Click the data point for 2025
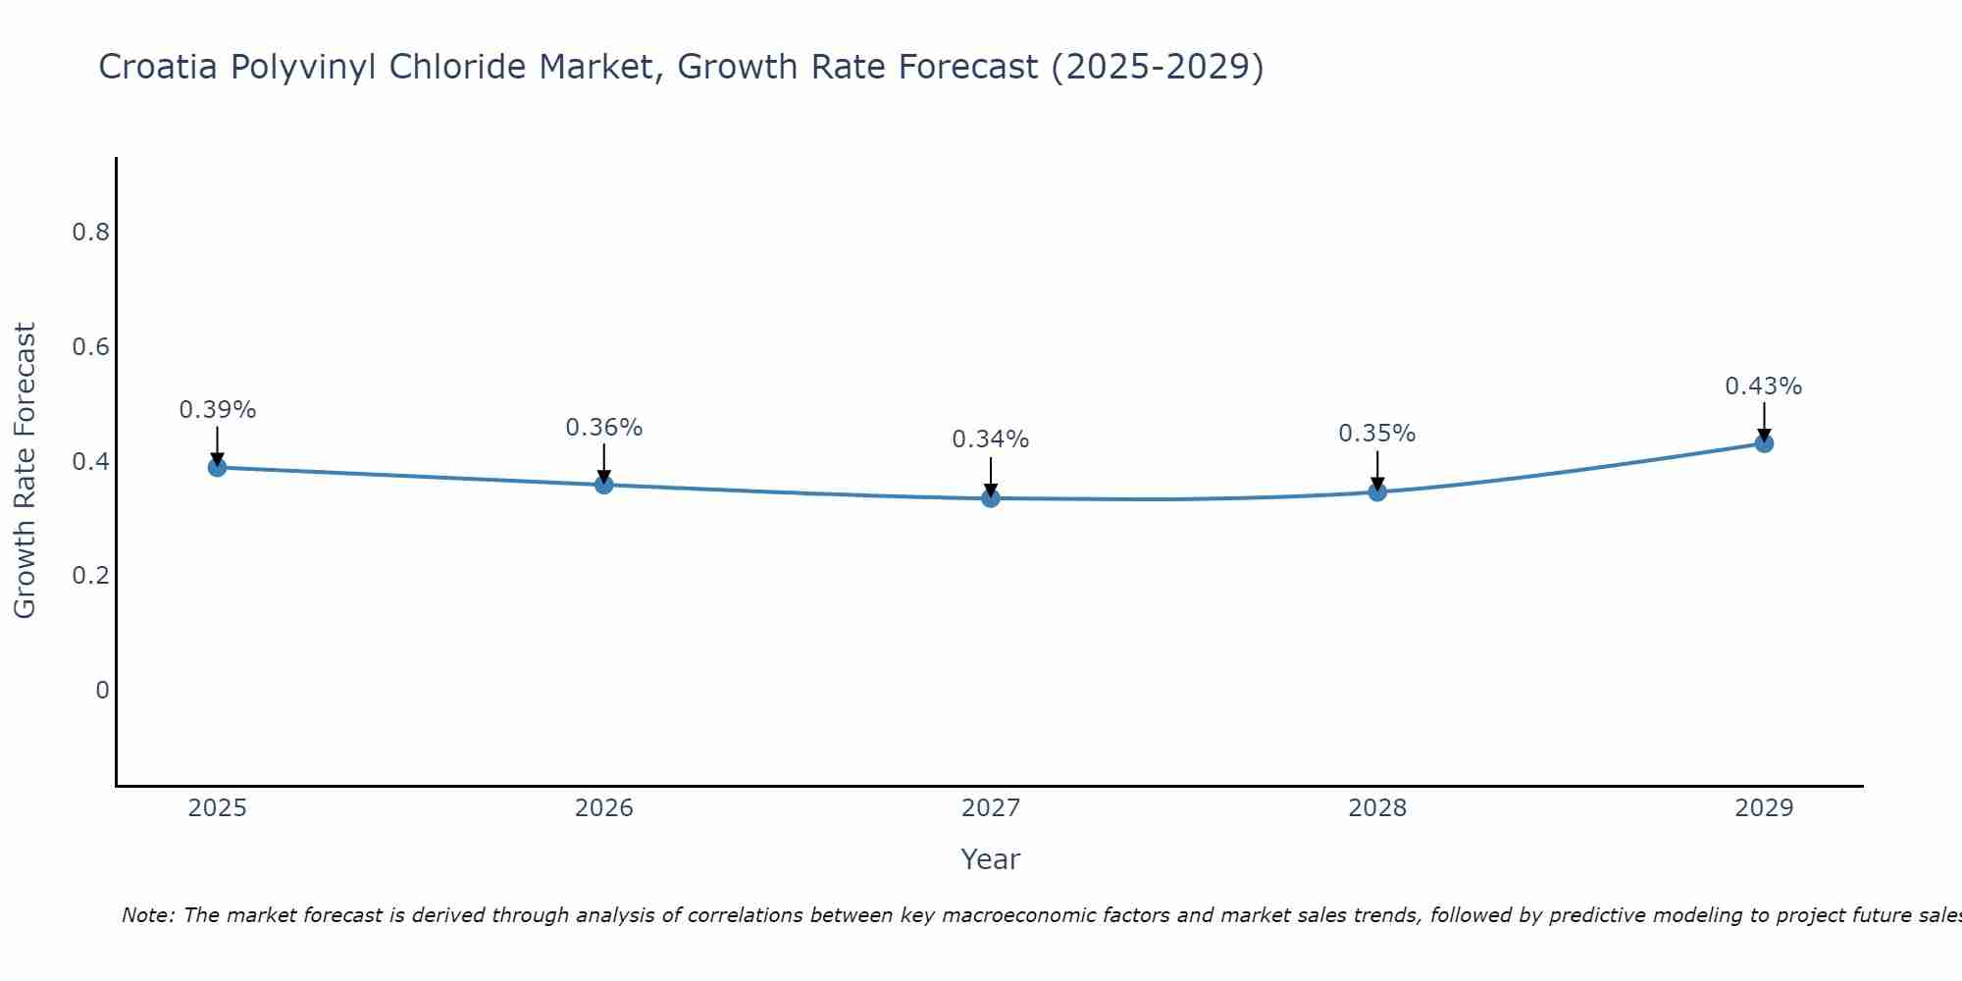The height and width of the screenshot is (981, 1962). [217, 467]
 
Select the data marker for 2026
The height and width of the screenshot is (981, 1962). [603, 485]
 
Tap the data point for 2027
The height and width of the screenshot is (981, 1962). [990, 498]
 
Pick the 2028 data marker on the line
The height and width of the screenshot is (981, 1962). [1377, 491]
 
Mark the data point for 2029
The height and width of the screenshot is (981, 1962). [1764, 443]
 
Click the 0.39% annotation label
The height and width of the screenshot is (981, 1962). [217, 410]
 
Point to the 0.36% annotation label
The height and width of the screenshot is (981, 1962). [603, 428]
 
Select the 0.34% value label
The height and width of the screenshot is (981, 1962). [990, 439]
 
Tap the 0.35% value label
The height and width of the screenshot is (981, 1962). [1377, 434]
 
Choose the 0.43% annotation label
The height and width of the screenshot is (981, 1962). [1764, 387]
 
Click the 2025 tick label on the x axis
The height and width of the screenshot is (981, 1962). [217, 808]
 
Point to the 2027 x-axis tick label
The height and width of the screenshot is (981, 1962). [990, 808]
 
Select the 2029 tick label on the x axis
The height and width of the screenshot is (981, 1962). [1764, 808]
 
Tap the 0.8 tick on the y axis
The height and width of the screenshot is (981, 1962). [90, 232]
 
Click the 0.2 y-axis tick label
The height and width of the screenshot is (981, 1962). [90, 576]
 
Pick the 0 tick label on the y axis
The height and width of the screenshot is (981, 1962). [102, 691]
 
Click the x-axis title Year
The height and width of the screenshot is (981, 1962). [990, 859]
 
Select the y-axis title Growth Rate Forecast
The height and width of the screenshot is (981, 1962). [25, 471]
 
